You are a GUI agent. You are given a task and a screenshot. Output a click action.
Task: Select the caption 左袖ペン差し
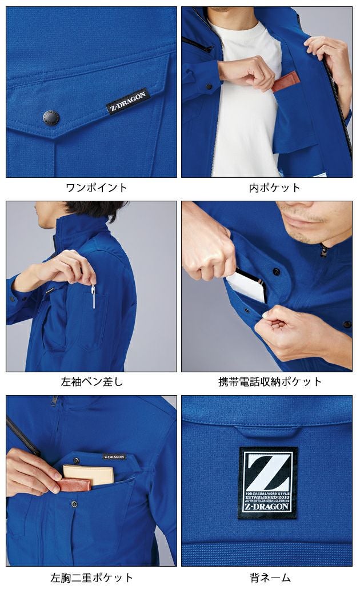pyautogui.click(x=91, y=381)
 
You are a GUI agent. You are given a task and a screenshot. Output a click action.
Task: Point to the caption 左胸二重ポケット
pyautogui.click(x=91, y=578)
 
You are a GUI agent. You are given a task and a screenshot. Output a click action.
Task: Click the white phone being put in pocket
pyautogui.click(x=249, y=286)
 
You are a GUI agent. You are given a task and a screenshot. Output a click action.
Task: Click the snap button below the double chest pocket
pyautogui.click(x=74, y=504)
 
